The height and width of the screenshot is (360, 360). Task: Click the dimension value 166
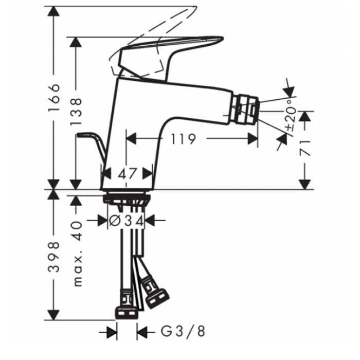(x=54, y=98)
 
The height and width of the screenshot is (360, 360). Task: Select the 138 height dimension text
(x=76, y=112)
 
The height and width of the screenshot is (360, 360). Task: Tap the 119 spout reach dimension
(x=184, y=139)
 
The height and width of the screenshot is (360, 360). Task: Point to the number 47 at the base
(x=128, y=173)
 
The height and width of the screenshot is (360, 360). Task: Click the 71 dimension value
(x=305, y=148)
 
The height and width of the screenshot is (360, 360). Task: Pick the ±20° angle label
(x=291, y=115)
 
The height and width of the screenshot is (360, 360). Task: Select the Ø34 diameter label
(x=127, y=221)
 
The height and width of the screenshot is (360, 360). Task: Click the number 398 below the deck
(x=54, y=257)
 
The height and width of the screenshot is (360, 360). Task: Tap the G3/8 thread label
(x=183, y=332)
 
